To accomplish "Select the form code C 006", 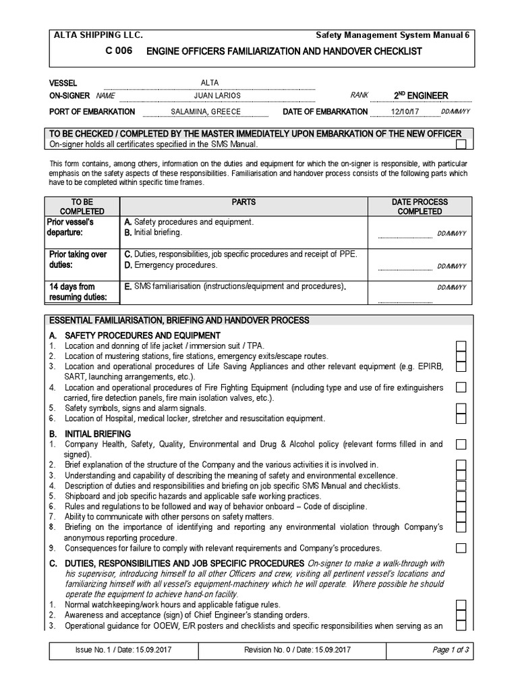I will [x=119, y=51].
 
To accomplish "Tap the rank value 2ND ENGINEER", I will [x=420, y=96].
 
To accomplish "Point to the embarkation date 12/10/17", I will [x=405, y=111].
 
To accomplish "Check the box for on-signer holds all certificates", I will [x=461, y=144].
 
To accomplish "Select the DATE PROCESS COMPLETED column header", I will [x=420, y=206].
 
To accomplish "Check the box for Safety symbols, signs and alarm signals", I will [x=461, y=408].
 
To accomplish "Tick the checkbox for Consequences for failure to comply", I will [x=461, y=547].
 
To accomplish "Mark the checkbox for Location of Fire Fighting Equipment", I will [x=461, y=387].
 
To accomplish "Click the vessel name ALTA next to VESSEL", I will [x=202, y=82].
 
